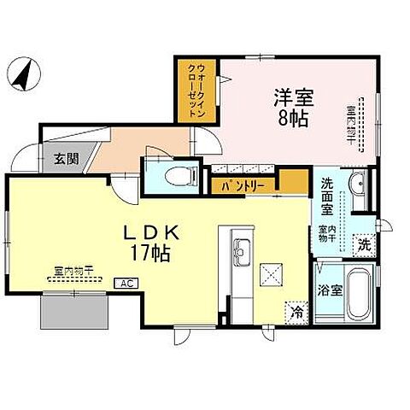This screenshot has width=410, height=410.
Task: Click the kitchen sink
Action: coord(240,253)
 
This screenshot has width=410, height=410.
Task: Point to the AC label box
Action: coord(123,283)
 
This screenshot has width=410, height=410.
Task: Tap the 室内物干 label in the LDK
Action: coord(73,270)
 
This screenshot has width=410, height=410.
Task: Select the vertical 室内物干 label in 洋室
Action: coord(351,123)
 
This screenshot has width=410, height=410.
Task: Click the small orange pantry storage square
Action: coord(294,182)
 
